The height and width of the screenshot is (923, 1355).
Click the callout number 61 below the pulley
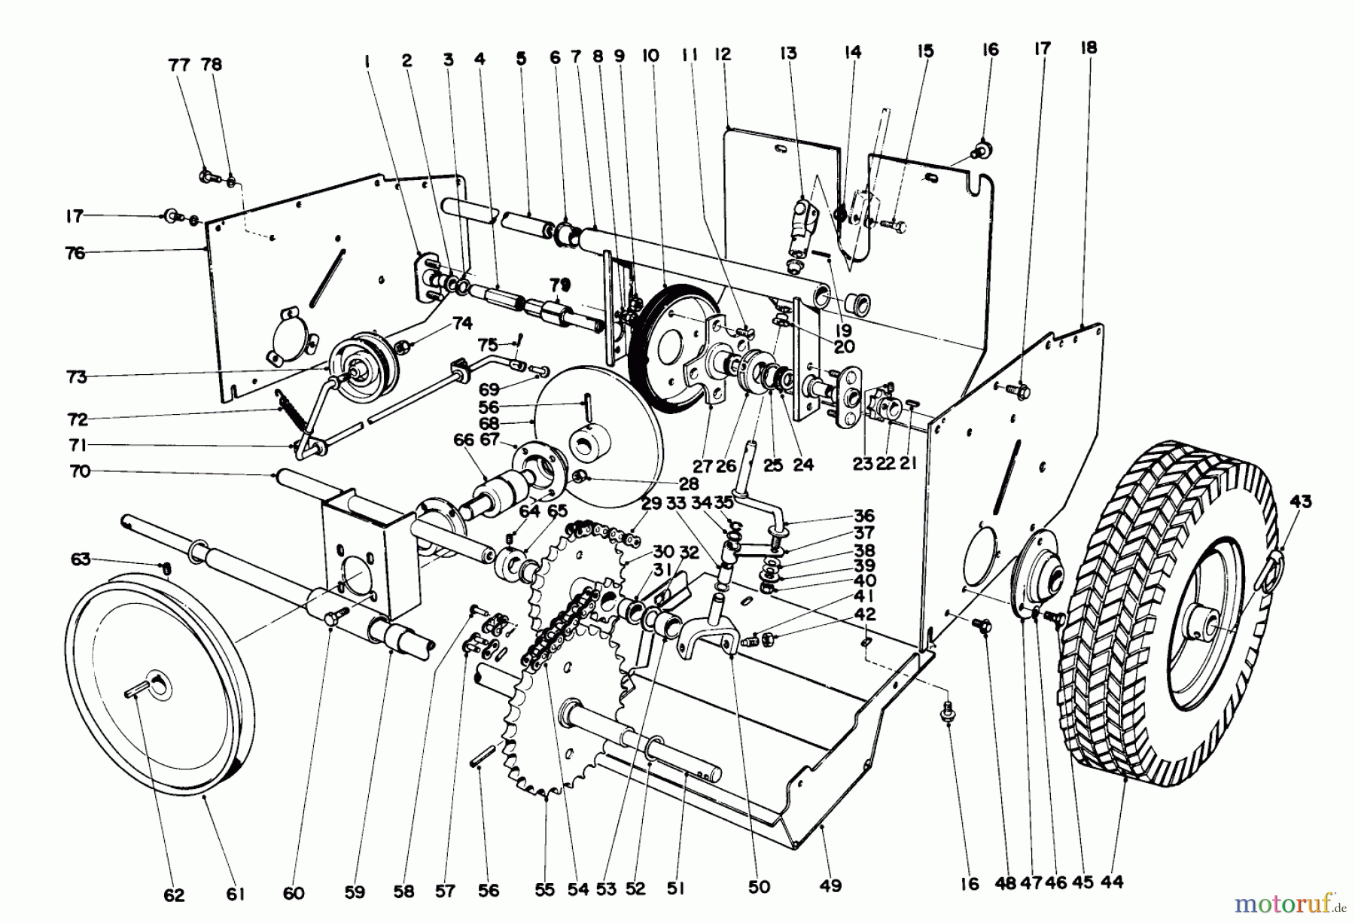(236, 893)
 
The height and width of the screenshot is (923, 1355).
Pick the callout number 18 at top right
(1089, 47)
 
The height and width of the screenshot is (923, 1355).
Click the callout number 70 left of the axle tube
(79, 471)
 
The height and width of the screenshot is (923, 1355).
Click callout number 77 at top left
(179, 65)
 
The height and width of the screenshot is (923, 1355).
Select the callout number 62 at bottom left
(174, 894)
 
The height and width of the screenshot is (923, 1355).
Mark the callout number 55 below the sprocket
(544, 889)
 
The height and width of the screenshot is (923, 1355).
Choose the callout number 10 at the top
(651, 54)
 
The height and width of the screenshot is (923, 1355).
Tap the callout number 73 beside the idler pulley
(77, 376)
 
